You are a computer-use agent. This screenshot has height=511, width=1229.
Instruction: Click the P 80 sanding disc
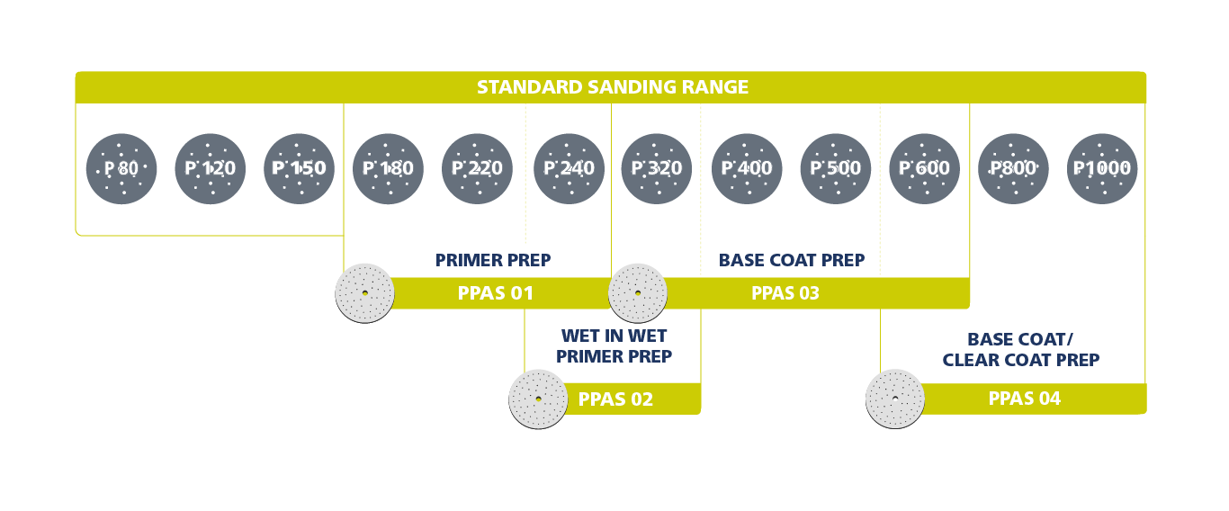121,168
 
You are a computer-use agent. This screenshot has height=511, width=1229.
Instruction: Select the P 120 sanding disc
210,168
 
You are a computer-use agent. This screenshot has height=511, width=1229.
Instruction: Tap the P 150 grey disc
299,168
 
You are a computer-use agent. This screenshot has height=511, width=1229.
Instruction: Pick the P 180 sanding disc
388,168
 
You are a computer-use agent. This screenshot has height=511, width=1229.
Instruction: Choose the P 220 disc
477,168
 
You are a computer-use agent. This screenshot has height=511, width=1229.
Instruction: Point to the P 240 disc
569,168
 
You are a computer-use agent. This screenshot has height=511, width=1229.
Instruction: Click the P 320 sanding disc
657,168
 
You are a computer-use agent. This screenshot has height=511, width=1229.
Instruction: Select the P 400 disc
747,168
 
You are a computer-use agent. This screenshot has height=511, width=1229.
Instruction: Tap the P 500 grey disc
835,168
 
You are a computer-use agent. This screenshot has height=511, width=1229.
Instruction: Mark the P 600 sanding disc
924,168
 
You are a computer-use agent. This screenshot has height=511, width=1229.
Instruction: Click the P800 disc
1013,168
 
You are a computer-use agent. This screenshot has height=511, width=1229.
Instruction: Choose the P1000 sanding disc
1102,168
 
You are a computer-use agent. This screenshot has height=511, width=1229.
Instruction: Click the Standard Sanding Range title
612,87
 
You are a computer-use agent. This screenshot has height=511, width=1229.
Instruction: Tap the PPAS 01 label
495,293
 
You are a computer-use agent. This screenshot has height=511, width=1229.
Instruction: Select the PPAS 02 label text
615,399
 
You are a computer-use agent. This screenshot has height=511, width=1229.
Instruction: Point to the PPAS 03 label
785,293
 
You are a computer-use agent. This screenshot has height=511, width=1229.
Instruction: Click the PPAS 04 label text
1024,399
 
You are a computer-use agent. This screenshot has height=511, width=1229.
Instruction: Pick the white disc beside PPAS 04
895,399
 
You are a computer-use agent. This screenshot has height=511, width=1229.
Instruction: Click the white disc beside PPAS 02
538,399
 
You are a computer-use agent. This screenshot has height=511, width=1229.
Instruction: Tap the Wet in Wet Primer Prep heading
614,346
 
